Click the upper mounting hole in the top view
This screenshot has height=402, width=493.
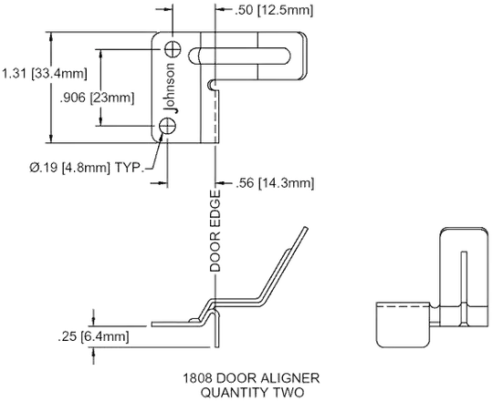coord(173,49)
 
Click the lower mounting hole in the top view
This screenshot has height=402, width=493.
coord(167,127)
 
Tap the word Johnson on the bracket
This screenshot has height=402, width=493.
coord(171,88)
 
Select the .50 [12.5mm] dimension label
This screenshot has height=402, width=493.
coord(274,10)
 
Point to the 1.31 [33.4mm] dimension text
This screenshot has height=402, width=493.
coord(45,74)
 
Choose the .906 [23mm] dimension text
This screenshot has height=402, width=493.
coord(97,98)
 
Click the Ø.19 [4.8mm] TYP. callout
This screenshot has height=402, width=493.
coord(87,167)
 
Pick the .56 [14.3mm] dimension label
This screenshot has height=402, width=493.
coord(275,183)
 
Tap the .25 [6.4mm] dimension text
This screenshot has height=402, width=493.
coord(93,336)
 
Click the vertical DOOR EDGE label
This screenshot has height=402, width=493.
coord(215,231)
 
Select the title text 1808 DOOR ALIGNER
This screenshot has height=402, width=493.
coord(251,378)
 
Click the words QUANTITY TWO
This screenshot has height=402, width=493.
coord(253,392)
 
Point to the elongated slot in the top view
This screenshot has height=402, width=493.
coord(239,56)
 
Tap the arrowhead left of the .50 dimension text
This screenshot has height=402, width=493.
coord(220,9)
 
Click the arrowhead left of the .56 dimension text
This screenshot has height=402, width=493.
coord(221,182)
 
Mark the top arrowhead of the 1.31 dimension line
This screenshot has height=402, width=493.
coord(51,37)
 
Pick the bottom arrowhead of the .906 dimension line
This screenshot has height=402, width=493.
coord(100,121)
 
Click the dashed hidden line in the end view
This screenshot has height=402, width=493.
coord(404,306)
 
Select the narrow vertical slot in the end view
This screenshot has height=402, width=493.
coord(463,289)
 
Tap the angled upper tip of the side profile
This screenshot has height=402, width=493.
coord(305,228)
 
